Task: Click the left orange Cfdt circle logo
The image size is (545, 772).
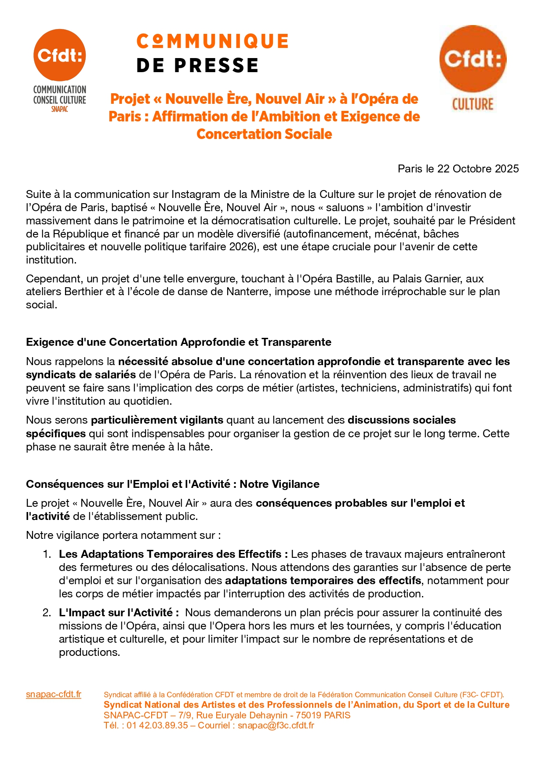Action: [x=60, y=55]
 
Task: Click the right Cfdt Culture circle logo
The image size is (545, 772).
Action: [x=473, y=59]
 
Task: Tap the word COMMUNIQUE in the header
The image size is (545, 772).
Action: [x=212, y=41]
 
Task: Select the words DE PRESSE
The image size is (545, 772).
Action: [x=197, y=66]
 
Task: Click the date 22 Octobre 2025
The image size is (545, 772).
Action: [x=478, y=169]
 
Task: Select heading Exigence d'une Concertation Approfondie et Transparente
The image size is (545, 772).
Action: [x=178, y=342]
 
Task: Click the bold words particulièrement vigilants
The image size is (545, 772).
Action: [x=157, y=420]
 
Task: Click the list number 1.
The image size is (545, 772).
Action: [x=47, y=554]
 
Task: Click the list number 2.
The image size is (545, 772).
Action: [x=47, y=613]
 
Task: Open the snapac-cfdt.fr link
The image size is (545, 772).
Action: [x=54, y=694]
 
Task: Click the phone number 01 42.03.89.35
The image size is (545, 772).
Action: [x=157, y=725]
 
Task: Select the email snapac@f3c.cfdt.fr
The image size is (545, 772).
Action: [x=276, y=725]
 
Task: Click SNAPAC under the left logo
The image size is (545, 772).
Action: [x=60, y=110]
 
